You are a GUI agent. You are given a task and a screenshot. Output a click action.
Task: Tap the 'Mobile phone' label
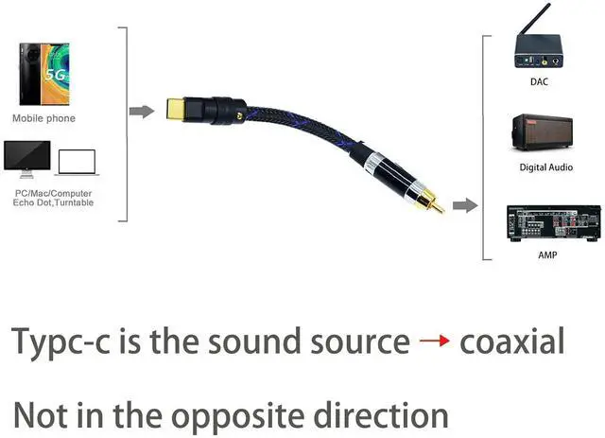point(43,118)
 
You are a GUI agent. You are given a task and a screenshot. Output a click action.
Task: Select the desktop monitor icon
point(26,158)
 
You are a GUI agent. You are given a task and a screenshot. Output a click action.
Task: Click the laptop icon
point(77,162)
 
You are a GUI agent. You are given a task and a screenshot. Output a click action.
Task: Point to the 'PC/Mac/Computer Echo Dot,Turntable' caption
point(54,198)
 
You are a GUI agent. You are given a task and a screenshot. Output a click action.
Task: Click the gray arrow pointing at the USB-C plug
point(141,112)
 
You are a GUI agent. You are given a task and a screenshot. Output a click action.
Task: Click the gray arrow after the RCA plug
point(463,205)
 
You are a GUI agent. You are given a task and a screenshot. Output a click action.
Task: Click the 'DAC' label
point(539,82)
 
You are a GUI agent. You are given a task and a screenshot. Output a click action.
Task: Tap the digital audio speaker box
point(542,133)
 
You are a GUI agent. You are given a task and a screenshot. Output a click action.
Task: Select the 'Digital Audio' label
point(545,167)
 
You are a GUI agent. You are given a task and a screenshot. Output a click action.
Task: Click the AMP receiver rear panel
point(546,223)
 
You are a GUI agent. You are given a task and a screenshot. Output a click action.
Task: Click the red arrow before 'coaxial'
point(434,341)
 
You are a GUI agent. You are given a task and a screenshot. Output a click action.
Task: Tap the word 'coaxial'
point(511,341)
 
